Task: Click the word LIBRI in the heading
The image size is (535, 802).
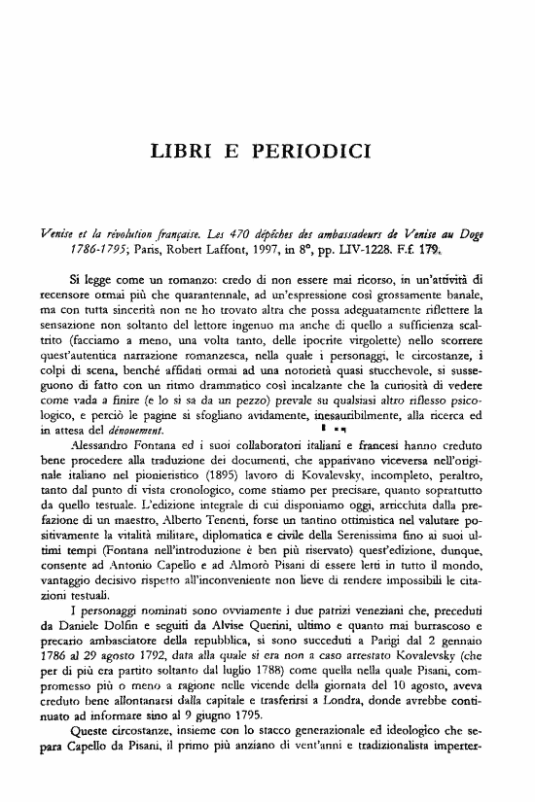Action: click(x=183, y=154)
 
